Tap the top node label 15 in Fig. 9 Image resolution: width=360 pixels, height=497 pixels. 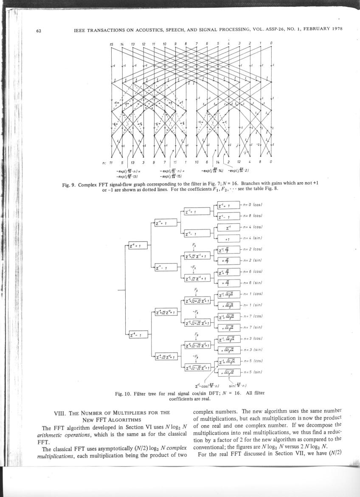pos(111,44)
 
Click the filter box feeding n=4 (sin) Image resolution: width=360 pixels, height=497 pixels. pos(229,239)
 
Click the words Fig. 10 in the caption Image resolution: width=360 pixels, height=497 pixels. pos(123,393)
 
